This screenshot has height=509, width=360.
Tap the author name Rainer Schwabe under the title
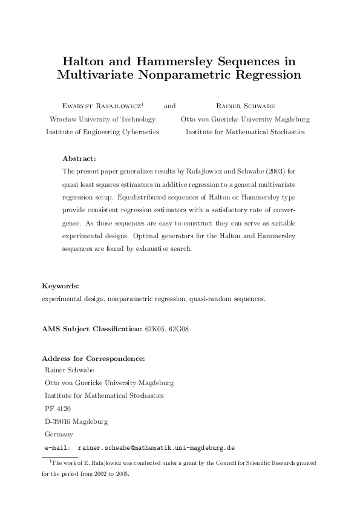(245, 105)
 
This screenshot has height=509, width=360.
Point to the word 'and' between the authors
(169, 105)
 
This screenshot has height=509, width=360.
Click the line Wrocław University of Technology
(102, 119)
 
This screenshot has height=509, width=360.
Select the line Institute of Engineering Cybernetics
(102, 132)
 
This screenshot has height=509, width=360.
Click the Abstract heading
(80, 159)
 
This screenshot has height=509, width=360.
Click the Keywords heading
(61, 285)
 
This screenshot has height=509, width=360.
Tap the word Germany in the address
(59, 434)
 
